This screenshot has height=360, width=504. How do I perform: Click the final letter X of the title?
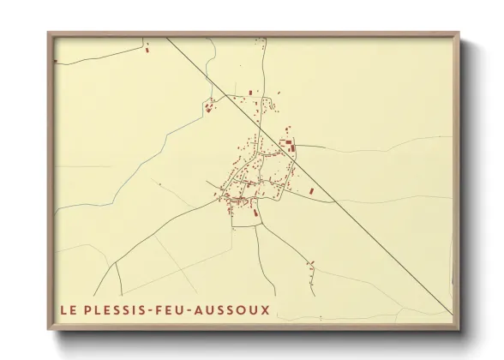coord(265,309)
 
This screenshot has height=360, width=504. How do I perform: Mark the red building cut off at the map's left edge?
coord(57,62)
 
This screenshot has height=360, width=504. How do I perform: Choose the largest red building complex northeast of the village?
coord(290,146)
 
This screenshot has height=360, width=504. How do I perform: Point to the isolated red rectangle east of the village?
coord(311,190)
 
